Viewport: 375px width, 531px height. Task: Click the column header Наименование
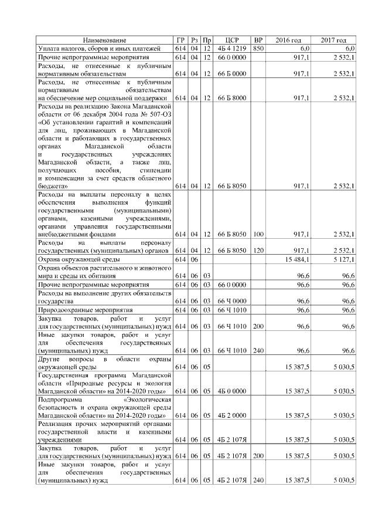(104, 40)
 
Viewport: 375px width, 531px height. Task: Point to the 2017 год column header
(334, 40)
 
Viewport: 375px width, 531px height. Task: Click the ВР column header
(258, 40)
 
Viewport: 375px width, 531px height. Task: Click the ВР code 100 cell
(258, 234)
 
